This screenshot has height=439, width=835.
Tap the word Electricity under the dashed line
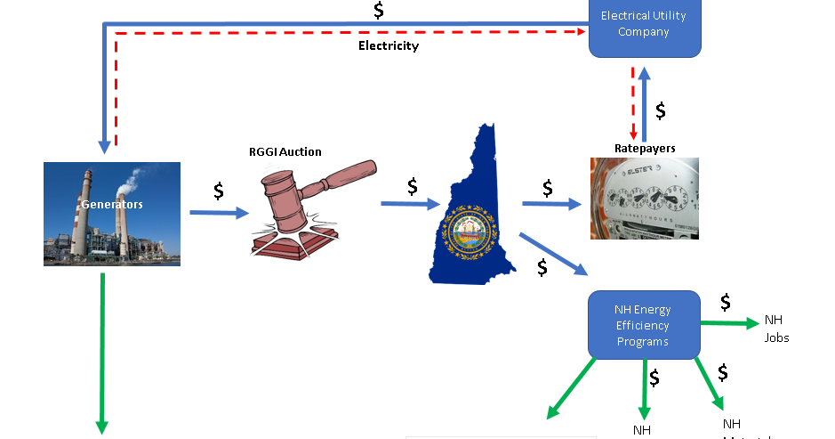[x=388, y=45]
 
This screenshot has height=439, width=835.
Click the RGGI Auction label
[x=285, y=151]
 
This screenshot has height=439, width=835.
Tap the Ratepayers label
[x=645, y=147]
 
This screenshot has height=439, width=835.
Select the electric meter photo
[x=644, y=199]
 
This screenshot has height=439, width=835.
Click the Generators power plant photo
[x=112, y=214]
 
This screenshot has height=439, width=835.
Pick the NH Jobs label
[x=776, y=329]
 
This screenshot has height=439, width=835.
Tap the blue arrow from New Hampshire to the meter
[x=551, y=204]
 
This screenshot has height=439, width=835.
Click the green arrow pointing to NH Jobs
[x=729, y=322]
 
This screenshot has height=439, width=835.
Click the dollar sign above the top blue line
[x=379, y=11]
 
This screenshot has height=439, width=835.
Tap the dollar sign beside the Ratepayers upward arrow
[x=661, y=110]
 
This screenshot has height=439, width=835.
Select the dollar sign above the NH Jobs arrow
[x=726, y=302]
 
